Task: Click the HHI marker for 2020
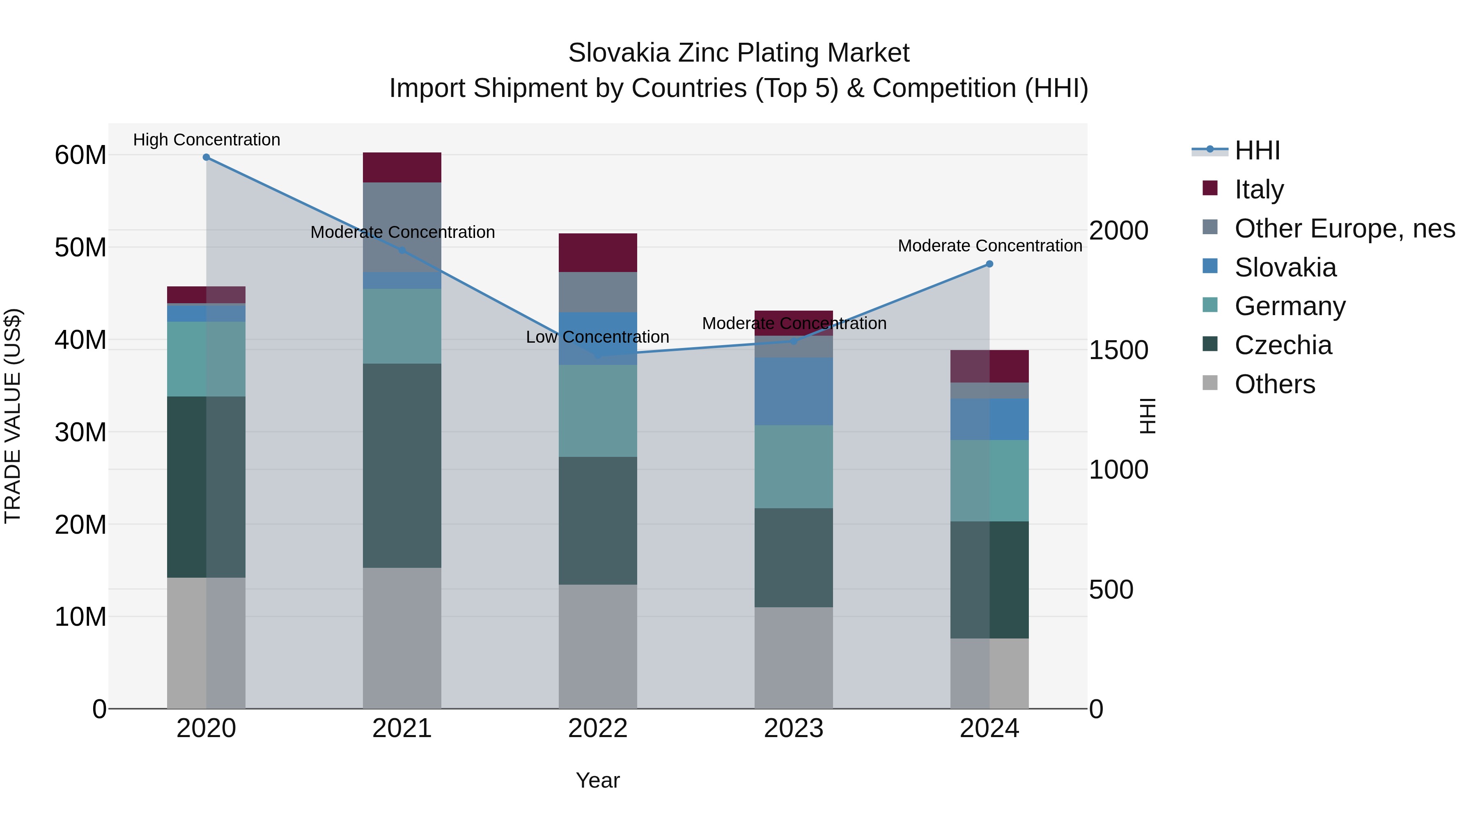207,157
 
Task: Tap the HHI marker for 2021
402,250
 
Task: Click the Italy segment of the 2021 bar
402,168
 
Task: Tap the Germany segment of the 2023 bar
794,466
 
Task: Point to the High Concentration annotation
207,140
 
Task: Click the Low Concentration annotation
597,337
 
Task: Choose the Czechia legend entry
1283,345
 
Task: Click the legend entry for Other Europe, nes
1344,228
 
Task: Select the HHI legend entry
1257,150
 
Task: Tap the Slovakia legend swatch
1210,266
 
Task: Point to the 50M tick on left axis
80,247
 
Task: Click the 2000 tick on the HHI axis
1118,231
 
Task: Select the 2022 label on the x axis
598,728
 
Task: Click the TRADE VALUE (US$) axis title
13,416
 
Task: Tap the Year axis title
598,780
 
